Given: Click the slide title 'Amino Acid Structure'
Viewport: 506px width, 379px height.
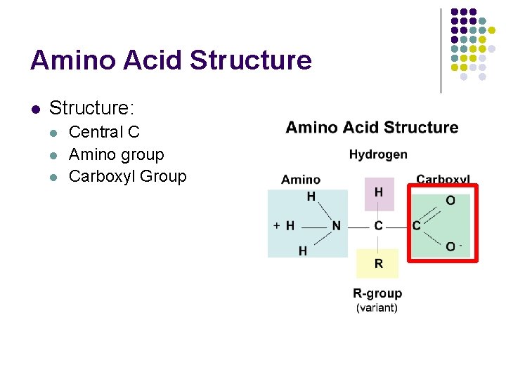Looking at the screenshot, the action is coord(171,60).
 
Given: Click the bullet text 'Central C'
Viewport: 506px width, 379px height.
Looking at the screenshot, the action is coord(104,132).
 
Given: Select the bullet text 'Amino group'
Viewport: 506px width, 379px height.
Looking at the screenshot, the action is coord(116,154).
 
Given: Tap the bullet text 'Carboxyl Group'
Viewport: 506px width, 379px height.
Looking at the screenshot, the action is coord(128,176).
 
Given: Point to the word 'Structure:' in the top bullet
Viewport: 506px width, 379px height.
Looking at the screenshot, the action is coord(91,108).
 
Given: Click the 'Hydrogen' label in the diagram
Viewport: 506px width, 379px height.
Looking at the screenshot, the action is coord(378,154).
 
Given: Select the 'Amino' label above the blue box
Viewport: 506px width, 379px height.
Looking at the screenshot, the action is coord(301,180).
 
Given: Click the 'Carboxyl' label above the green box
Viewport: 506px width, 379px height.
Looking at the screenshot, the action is coord(443,180).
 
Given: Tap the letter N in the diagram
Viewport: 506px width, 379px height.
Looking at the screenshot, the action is coord(337,226).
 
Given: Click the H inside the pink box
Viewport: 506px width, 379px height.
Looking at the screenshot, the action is coord(379,192).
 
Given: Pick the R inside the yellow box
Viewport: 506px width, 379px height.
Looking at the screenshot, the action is coord(379,265).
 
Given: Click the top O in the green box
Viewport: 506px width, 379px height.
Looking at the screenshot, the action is coord(450,201).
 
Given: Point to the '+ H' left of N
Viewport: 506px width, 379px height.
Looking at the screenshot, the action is coord(284,226).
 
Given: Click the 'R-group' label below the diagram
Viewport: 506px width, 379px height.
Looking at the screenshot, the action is coord(377,293).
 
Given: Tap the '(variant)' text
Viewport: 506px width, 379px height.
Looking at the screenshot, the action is coord(377,307).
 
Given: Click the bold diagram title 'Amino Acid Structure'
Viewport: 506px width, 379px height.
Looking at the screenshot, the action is coord(372,128).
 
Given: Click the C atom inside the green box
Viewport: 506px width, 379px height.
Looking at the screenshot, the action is coord(417,226).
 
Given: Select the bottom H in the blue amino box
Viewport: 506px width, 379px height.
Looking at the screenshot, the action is coord(303,251).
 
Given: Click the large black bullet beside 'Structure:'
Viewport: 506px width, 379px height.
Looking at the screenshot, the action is coord(36,109).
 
